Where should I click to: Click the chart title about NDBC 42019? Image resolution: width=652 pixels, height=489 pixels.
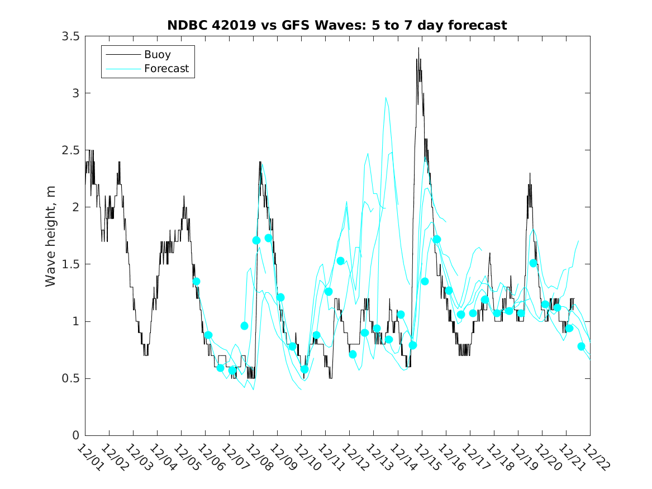337,26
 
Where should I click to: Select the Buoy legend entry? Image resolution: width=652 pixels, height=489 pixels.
158,55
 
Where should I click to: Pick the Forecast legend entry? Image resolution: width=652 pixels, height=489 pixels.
166,69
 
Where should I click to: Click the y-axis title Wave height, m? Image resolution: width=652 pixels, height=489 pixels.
51,236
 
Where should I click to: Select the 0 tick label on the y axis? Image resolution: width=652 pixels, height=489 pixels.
75,435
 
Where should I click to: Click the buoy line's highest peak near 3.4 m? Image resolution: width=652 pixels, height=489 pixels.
418,48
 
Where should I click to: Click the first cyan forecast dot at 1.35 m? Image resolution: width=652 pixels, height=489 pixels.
196,282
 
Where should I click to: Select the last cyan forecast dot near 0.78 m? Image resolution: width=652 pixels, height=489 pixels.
581,346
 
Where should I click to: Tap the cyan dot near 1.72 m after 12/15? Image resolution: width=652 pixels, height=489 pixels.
437,239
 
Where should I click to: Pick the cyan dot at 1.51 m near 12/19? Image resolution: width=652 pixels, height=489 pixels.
533,263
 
